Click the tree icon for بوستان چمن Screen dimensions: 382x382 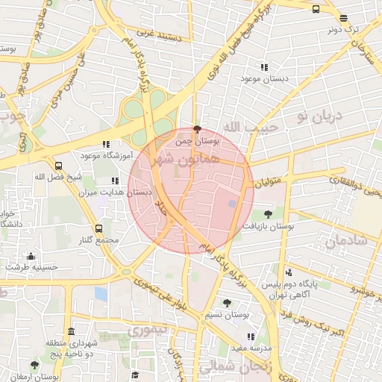(x=197, y=129)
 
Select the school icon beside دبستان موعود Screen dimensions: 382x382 (x=263, y=66)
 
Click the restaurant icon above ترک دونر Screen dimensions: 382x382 (x=343, y=19)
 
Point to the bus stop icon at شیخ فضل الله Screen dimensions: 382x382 (x=59, y=166)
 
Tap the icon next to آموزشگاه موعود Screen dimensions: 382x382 (x=106, y=144)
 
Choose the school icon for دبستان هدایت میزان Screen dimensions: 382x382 (x=114, y=181)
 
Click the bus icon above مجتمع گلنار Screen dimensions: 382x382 (x=98, y=228)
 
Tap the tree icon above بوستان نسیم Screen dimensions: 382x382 (x=227, y=303)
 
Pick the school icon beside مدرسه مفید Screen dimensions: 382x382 (x=251, y=336)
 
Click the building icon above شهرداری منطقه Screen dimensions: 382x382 (x=71, y=331)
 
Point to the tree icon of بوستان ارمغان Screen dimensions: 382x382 (x=34, y=366)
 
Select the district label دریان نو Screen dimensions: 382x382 (x=318, y=116)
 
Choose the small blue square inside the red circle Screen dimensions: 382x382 (x=232, y=203)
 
